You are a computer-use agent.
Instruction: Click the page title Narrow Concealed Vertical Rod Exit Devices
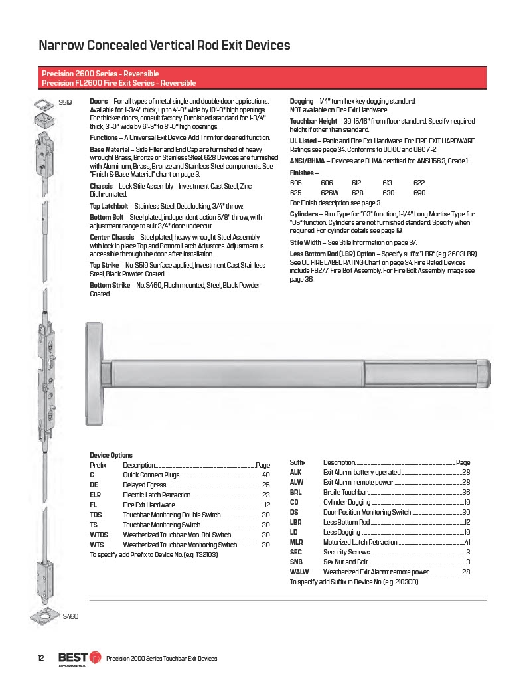[x=165, y=46]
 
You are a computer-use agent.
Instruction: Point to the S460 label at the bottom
[x=70, y=616]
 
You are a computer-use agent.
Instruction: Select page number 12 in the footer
[x=40, y=658]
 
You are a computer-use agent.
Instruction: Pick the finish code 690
[x=419, y=193]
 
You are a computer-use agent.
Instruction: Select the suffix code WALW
[x=299, y=572]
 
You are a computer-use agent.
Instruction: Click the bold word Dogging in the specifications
[x=301, y=101]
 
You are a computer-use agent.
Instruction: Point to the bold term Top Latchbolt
[x=108, y=207]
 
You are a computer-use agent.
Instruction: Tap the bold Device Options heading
[x=111, y=455]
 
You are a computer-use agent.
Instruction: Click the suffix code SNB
[x=296, y=562]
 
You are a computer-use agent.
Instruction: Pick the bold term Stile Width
[x=305, y=243]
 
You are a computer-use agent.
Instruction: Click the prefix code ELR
[x=96, y=495]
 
